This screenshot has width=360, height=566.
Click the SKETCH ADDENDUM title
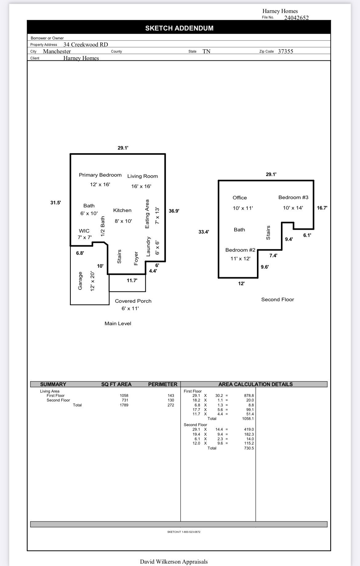click(x=179, y=28)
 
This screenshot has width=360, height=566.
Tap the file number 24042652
click(x=296, y=18)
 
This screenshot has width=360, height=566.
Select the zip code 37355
click(x=285, y=51)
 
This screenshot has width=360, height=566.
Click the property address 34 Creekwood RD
click(x=86, y=45)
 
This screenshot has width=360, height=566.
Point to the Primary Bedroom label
click(x=100, y=175)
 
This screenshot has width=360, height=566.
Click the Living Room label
click(x=142, y=176)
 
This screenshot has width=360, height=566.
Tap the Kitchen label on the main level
click(x=122, y=210)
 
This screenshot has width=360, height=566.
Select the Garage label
click(x=80, y=281)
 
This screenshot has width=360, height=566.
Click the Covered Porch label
click(x=133, y=301)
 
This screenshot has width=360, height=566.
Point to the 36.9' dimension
click(x=174, y=211)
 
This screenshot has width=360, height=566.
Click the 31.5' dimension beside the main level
click(x=55, y=203)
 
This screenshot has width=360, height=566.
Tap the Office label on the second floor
click(x=239, y=198)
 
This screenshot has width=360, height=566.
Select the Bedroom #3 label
click(x=293, y=197)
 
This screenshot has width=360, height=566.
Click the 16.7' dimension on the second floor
click(x=322, y=208)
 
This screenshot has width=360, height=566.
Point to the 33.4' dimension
click(x=203, y=232)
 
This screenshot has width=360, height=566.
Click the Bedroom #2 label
click(x=240, y=250)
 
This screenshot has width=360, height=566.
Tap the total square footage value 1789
click(x=124, y=405)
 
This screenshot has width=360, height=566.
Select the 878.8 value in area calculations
click(x=249, y=396)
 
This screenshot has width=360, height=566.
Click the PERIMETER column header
click(x=162, y=384)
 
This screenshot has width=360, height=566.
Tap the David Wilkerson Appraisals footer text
click(x=174, y=562)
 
